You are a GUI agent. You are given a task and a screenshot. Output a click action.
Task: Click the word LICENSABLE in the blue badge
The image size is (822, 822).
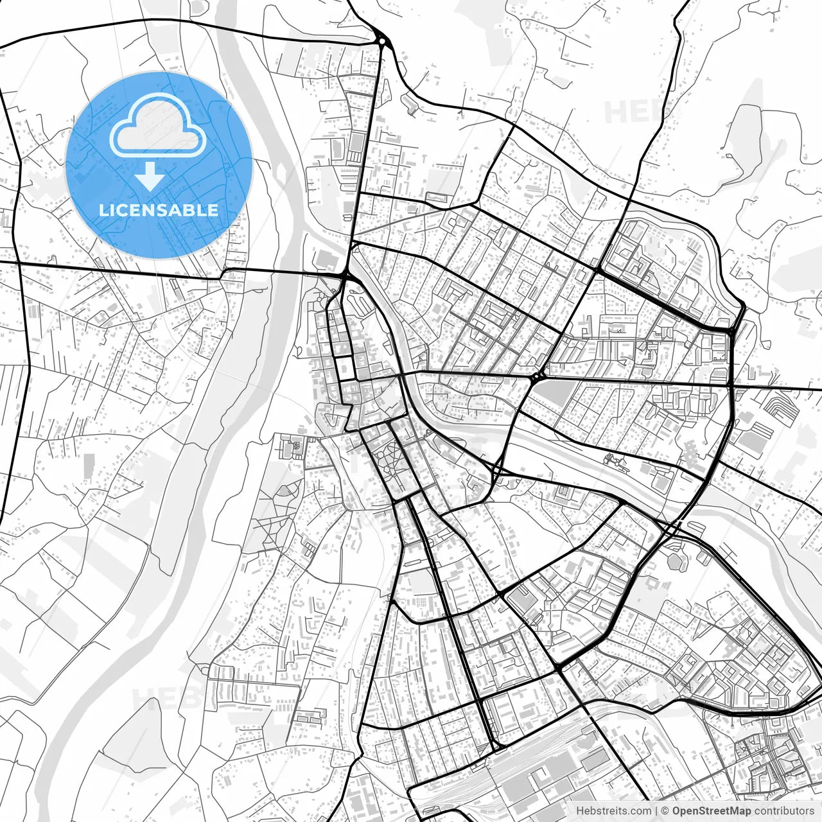pyautogui.click(x=159, y=210)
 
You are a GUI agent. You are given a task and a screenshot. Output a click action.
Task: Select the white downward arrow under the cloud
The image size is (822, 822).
pyautogui.click(x=150, y=177)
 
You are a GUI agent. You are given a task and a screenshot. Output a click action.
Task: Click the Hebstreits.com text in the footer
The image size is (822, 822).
pyautogui.click(x=613, y=811)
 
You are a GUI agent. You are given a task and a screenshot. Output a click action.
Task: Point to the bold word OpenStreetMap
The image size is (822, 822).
pyautogui.click(x=712, y=811)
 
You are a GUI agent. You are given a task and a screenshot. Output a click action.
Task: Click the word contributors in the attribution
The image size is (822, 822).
pyautogui.click(x=784, y=811)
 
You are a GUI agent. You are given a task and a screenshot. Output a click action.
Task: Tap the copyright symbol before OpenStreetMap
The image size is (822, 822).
pyautogui.click(x=666, y=811)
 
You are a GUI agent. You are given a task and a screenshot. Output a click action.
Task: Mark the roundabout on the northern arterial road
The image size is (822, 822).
pyautogui.click(x=383, y=42)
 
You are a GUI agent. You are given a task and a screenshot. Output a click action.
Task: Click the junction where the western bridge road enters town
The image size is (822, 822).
pyautogui.click(x=345, y=277)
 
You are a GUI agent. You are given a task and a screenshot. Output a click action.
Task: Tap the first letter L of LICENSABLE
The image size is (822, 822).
pyautogui.click(x=103, y=210)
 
